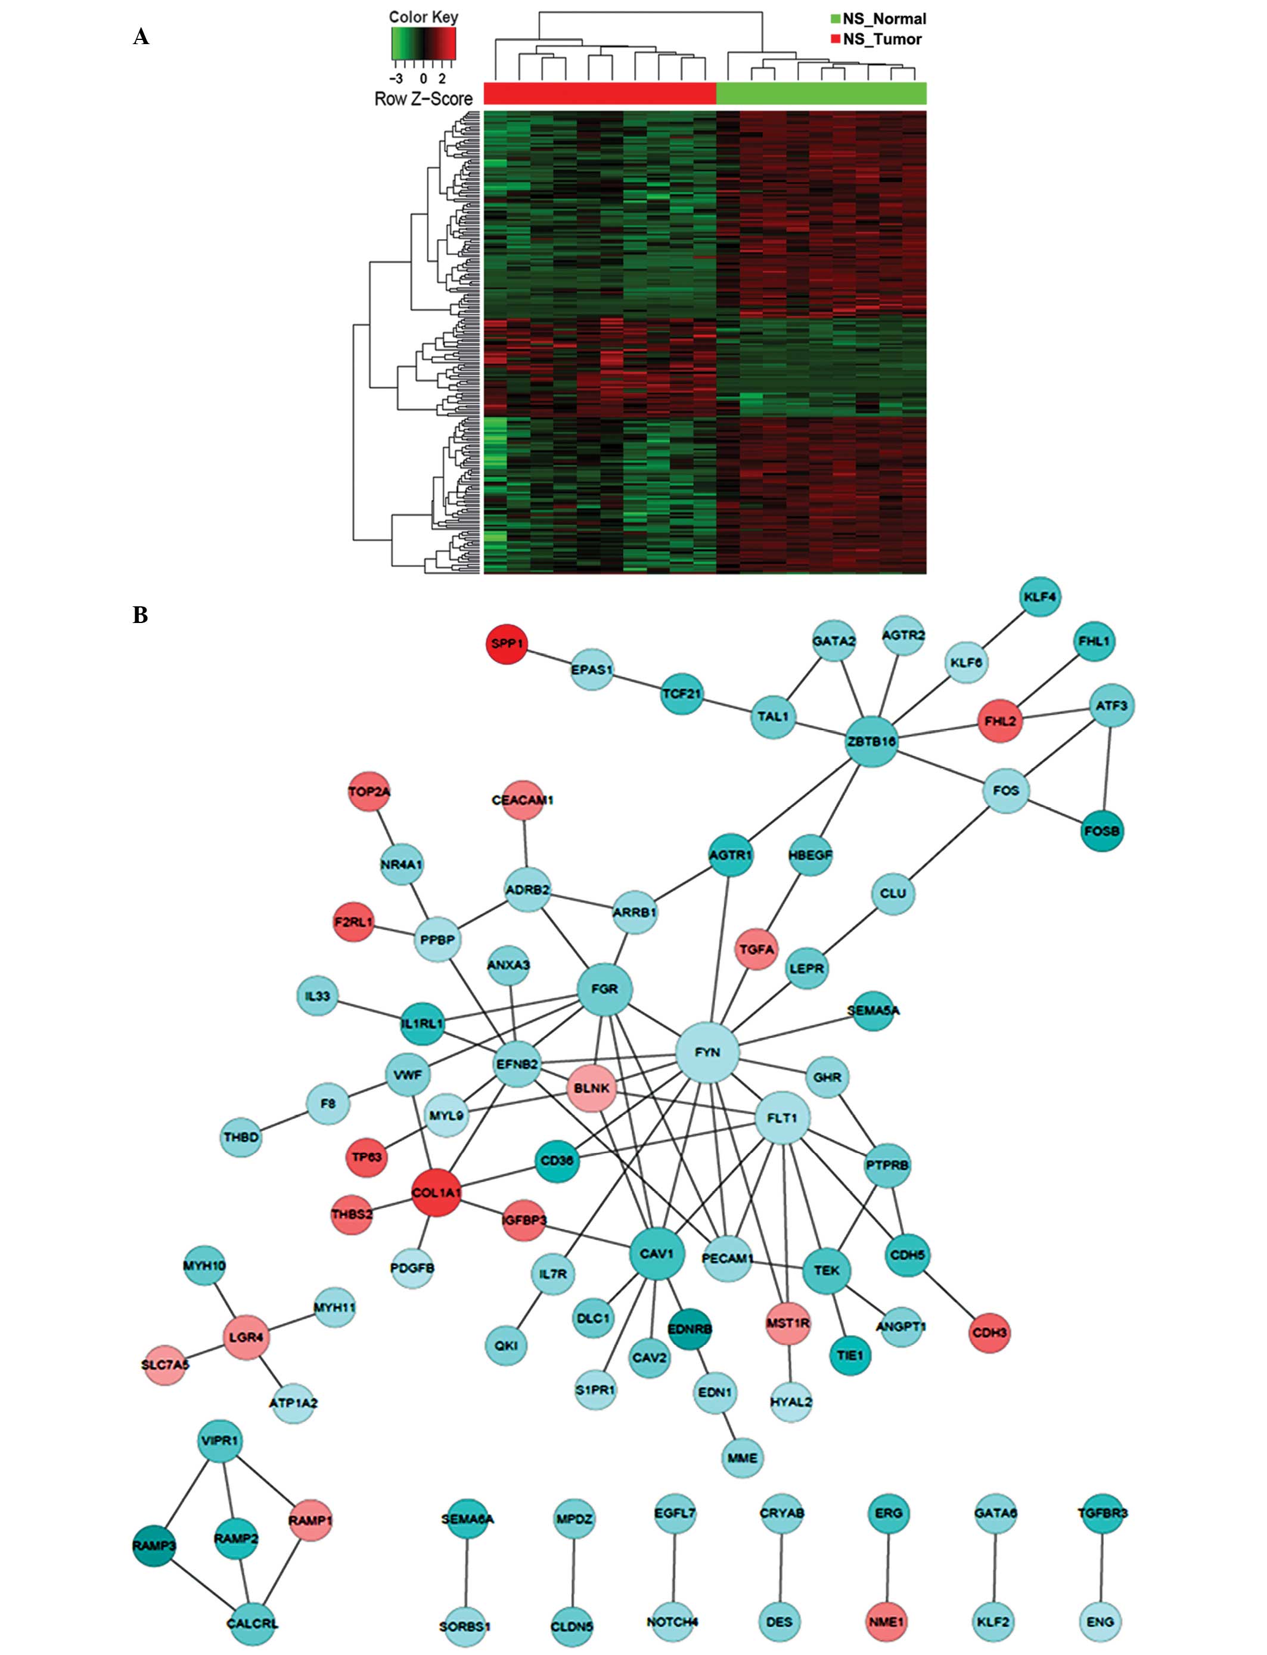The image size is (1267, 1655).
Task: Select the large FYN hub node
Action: click(x=707, y=1052)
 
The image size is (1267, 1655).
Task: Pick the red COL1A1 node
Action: click(x=436, y=1192)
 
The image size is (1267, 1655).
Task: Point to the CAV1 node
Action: click(x=656, y=1254)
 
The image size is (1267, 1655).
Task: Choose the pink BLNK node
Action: click(x=591, y=1089)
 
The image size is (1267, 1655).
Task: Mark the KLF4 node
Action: click(x=1039, y=597)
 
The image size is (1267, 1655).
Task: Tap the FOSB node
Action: click(x=1102, y=830)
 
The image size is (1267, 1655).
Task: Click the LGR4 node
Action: click(x=246, y=1337)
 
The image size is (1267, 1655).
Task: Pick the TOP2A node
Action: click(x=369, y=791)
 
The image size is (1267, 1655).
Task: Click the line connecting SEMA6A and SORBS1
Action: click(x=467, y=1570)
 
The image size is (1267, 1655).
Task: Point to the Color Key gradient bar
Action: click(x=424, y=43)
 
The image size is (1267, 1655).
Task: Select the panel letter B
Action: click(x=140, y=615)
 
